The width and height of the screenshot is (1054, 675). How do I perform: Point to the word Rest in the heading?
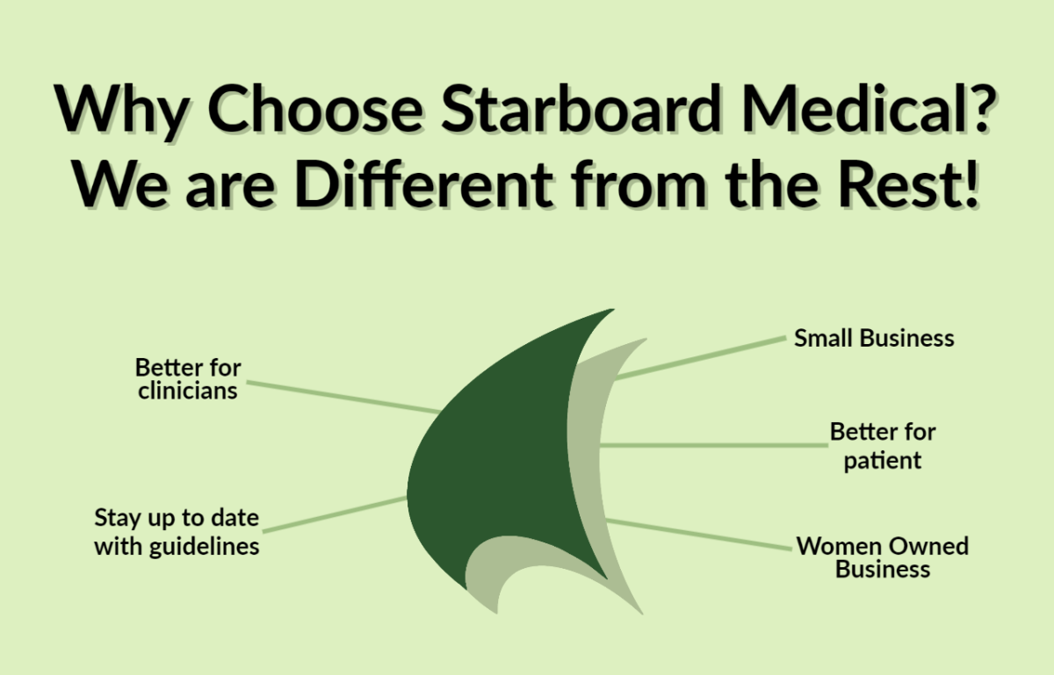[x=907, y=185]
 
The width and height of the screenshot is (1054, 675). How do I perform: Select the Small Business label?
[x=874, y=338]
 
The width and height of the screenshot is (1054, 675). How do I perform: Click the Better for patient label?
[x=883, y=445]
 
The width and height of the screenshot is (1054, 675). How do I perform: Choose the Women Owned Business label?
[x=883, y=557]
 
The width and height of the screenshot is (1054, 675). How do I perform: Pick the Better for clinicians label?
[x=188, y=378]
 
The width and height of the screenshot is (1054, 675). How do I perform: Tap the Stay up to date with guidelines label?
[x=177, y=531]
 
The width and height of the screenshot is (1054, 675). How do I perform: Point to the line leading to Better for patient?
[x=711, y=445]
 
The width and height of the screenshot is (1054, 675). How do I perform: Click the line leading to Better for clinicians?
[x=343, y=396]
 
